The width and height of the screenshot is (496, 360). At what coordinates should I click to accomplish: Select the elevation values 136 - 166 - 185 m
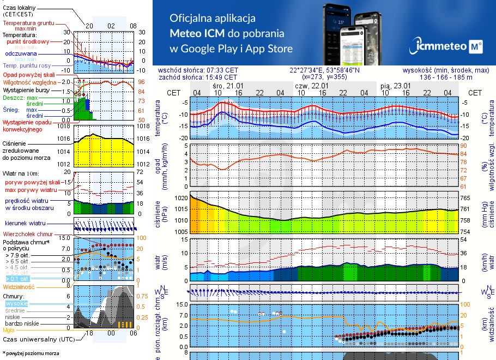click(446, 77)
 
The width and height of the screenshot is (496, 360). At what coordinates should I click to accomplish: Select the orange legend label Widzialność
click(19, 286)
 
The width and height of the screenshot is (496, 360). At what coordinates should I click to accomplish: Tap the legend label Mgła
click(9, 330)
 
